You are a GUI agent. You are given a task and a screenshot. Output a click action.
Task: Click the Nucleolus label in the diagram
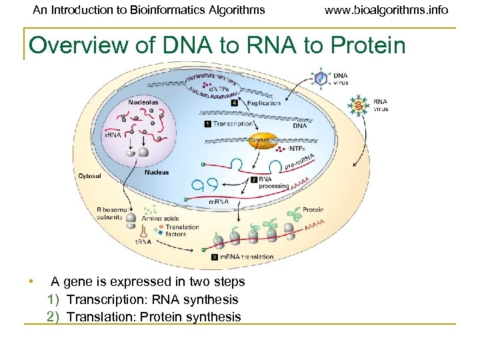click(145, 102)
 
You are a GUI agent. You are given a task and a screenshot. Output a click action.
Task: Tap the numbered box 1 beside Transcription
click(208, 123)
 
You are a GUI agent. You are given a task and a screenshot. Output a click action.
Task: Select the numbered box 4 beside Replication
click(234, 103)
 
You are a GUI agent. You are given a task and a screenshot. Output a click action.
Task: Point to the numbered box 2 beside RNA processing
click(253, 179)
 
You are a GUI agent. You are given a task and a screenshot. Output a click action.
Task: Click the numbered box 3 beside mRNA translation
click(213, 257)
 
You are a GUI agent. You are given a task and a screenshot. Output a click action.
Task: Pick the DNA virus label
click(341, 79)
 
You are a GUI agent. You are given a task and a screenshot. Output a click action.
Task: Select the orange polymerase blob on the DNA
click(264, 141)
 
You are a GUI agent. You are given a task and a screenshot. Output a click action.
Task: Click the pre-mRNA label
click(299, 162)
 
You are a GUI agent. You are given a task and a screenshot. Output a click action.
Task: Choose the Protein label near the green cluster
click(313, 210)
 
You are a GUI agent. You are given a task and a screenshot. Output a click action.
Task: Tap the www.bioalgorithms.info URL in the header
click(386, 10)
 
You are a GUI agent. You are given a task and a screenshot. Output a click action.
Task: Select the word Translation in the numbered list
click(101, 317)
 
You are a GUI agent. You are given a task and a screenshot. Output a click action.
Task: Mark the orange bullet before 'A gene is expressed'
click(30, 281)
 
